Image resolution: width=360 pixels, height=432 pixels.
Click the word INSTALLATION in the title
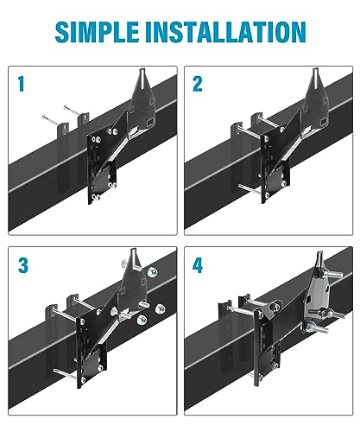(x=226, y=31)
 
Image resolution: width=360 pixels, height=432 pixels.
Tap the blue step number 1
(x=22, y=85)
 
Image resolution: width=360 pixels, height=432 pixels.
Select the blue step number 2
(x=198, y=85)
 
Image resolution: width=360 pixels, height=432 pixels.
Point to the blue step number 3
(x=22, y=264)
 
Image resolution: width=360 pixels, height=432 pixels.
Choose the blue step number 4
(x=198, y=264)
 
